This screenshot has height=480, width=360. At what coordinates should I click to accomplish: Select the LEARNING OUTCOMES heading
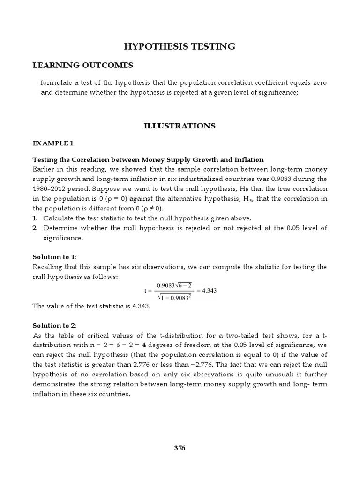(82, 65)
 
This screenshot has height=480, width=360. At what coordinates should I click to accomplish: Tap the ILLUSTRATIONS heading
(180, 126)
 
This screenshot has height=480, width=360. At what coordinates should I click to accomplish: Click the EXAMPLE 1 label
(54, 142)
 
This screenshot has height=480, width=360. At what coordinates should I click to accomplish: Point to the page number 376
(180, 448)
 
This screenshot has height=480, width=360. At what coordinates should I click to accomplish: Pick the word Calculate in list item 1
(60, 218)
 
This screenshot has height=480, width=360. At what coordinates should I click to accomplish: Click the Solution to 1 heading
(54, 257)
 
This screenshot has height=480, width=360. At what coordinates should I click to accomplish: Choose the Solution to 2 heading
(54, 325)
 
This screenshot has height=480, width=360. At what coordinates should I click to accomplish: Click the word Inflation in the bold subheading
(249, 160)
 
